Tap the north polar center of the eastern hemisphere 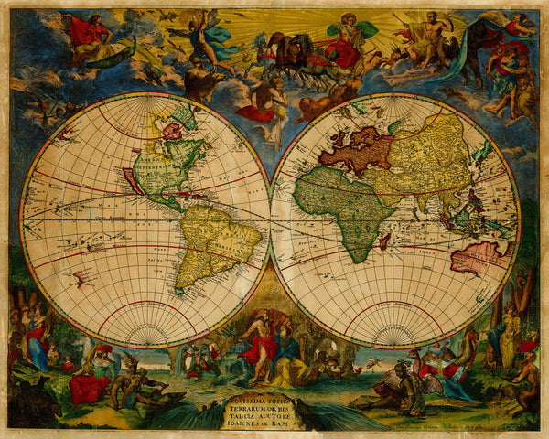(395, 104)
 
